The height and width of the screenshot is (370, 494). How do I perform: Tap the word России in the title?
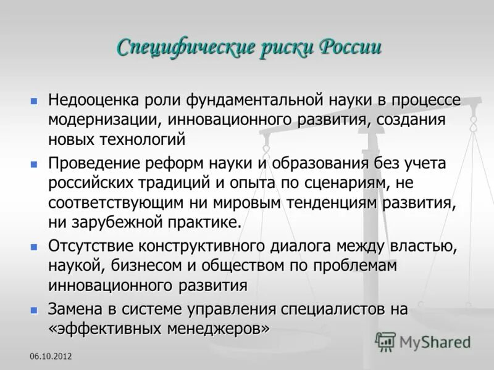(350, 47)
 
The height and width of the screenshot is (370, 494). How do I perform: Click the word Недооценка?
(94, 100)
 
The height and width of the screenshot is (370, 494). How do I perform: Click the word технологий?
(138, 139)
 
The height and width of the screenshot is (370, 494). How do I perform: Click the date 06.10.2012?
(50, 357)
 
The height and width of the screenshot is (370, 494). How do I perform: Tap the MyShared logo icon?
(385, 341)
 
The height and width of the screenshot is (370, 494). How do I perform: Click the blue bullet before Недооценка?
(35, 99)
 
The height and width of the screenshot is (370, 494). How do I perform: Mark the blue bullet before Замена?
(35, 308)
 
